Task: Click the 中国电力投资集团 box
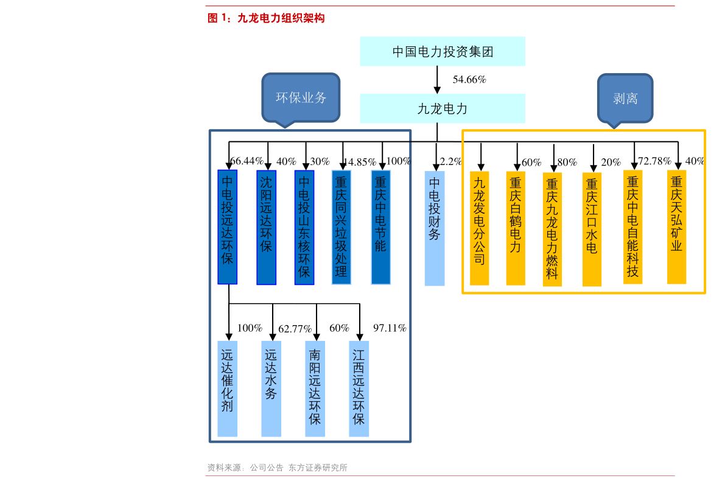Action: click(442, 52)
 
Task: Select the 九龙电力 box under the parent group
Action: click(442, 108)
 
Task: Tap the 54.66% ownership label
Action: click(469, 80)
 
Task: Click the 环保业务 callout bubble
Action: click(301, 97)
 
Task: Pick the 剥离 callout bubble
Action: click(625, 98)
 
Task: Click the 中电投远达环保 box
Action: click(228, 227)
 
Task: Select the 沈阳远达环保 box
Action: click(266, 227)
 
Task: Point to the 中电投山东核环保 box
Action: click(304, 227)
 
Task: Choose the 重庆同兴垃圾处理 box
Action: click(341, 227)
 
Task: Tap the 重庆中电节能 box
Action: click(381, 227)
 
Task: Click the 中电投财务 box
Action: click(435, 228)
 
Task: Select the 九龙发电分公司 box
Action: click(480, 228)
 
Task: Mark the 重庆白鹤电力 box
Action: click(516, 228)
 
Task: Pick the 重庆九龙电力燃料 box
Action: click(552, 229)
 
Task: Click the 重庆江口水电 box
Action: click(592, 229)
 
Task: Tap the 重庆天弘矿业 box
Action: click(676, 226)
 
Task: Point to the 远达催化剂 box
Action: click(228, 388)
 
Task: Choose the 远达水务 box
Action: click(271, 388)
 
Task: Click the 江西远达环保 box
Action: click(359, 388)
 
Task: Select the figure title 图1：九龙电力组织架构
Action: click(266, 19)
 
